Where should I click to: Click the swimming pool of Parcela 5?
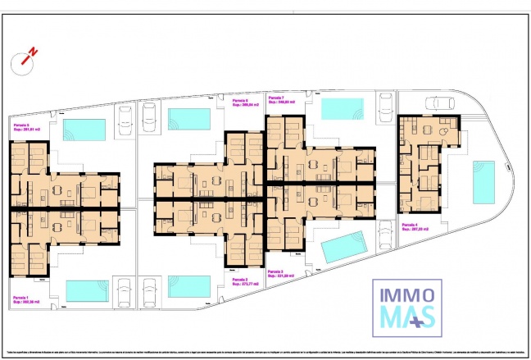pos(85,130)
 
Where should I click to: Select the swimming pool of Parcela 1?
pos(87,290)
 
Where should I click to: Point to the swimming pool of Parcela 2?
pos(190,285)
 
